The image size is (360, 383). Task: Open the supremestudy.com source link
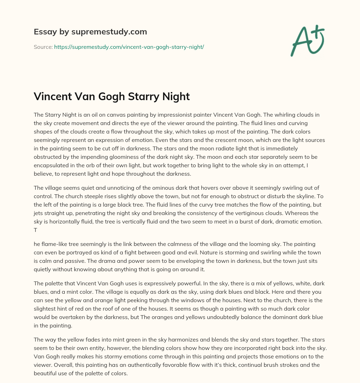point(129,47)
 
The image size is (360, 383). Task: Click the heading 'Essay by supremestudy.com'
point(90,32)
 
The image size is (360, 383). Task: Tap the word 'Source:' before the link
point(43,47)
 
